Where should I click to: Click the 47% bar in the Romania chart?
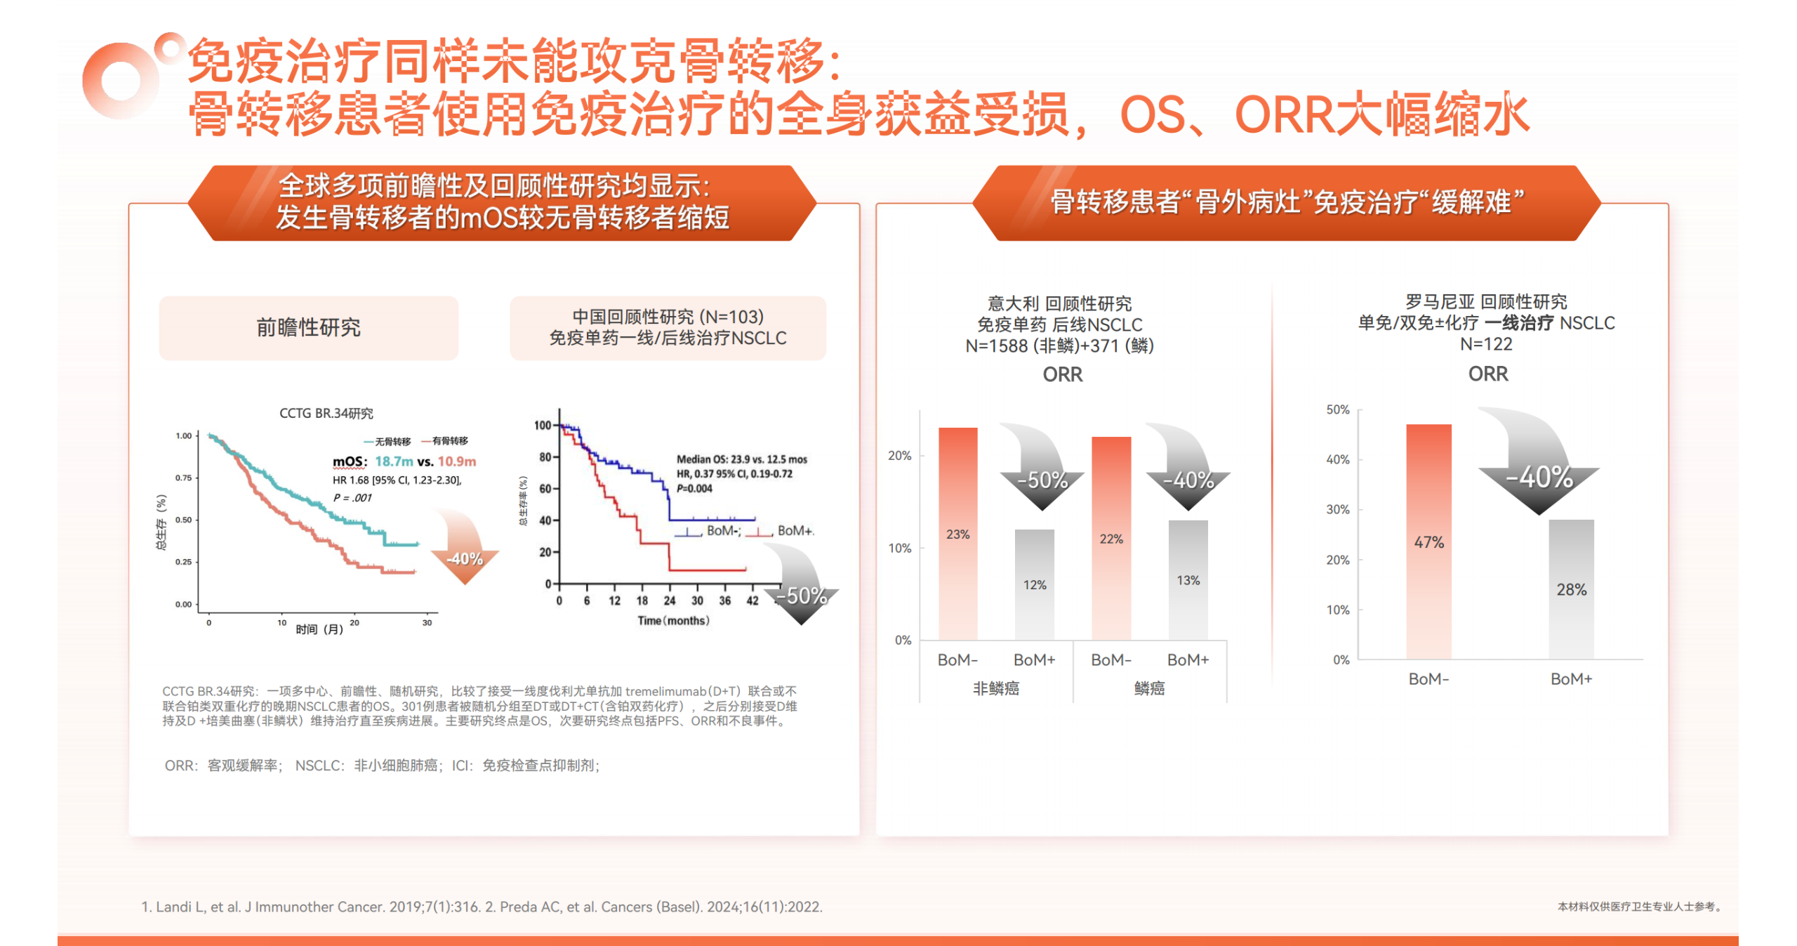1428,541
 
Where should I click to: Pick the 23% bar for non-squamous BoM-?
957,534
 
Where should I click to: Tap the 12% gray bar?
1034,584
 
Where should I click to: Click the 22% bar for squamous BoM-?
1110,538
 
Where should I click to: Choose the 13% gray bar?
1188,579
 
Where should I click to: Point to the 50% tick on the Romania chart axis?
1337,409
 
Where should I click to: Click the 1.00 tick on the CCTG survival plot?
183,435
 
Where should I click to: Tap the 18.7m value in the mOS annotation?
394,461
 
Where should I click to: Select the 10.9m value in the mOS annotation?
456,461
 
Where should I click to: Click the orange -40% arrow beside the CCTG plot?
465,551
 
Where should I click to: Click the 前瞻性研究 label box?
308,327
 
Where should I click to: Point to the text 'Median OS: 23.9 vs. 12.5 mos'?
741,459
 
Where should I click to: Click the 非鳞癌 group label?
995,688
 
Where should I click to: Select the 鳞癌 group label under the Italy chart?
1149,688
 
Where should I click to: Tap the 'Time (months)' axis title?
672,621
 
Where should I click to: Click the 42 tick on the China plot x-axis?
752,600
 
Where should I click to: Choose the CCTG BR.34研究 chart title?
326,413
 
